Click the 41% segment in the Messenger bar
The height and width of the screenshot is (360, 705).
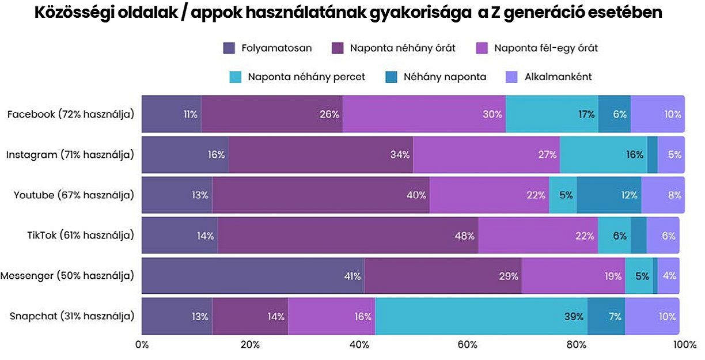[x=253, y=276]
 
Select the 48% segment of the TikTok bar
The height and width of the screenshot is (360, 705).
[x=348, y=236]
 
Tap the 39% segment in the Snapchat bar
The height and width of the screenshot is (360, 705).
[x=481, y=316]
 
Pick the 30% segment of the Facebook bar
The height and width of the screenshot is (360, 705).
[x=424, y=114]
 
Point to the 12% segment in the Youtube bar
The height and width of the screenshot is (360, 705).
[x=608, y=195]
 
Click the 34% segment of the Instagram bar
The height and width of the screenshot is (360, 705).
[x=321, y=154]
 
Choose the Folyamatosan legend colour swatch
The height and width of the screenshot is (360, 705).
[x=229, y=48]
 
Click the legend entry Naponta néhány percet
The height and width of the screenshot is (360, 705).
[x=306, y=77]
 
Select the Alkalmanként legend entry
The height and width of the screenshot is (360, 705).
[x=556, y=77]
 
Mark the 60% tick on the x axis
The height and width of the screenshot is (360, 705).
[x=468, y=344]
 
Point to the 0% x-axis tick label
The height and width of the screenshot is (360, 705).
[x=142, y=344]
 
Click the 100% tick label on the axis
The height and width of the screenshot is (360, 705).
[x=684, y=344]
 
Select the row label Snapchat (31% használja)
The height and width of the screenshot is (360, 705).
[x=72, y=316]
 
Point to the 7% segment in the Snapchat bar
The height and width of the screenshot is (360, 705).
[x=606, y=316]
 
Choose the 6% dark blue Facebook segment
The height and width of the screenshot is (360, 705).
[x=614, y=114]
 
